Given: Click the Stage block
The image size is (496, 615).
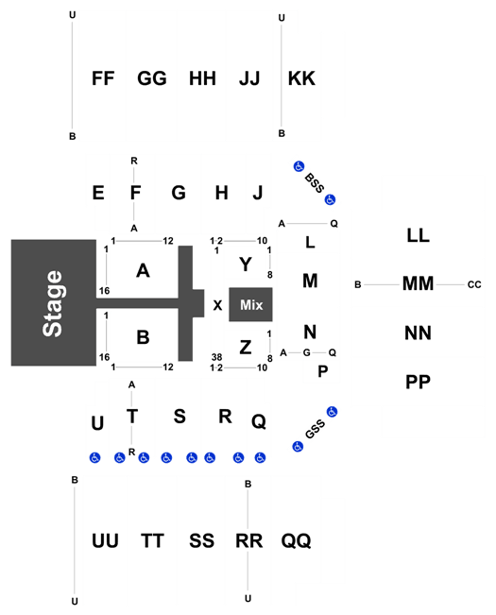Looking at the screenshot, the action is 53,303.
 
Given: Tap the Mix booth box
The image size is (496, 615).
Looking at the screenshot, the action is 250,305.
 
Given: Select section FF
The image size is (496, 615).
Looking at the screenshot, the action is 103,78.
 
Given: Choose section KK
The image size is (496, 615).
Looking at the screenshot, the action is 301,78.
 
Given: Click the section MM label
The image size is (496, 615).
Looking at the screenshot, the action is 418,283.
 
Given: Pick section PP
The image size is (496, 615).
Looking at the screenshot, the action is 418,382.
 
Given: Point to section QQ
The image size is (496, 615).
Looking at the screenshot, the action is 296,540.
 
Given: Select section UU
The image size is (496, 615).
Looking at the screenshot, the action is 105,540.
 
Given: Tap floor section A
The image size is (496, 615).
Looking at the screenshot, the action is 143,270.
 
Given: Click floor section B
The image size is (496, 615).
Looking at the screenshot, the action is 143,337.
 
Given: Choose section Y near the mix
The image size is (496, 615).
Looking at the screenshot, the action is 246,265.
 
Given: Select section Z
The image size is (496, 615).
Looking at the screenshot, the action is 246,347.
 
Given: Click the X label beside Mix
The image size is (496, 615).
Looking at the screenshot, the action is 217,305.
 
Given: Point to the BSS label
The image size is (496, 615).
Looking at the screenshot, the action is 315,182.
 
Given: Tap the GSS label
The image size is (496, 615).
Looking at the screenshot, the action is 315,429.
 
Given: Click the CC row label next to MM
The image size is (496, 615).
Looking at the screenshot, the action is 474,284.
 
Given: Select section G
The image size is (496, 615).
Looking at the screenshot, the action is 179,193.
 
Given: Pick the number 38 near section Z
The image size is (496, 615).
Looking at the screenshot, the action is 217,357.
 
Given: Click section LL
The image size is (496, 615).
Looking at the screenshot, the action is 418,235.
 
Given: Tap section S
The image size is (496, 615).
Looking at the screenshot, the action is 180,417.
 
